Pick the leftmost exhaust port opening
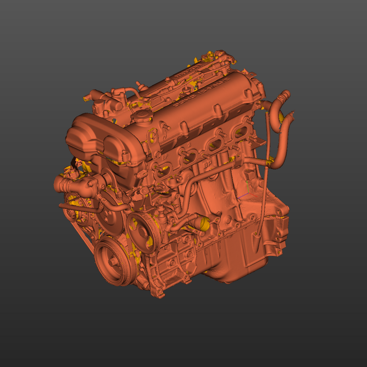pyautogui.click(x=163, y=171)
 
